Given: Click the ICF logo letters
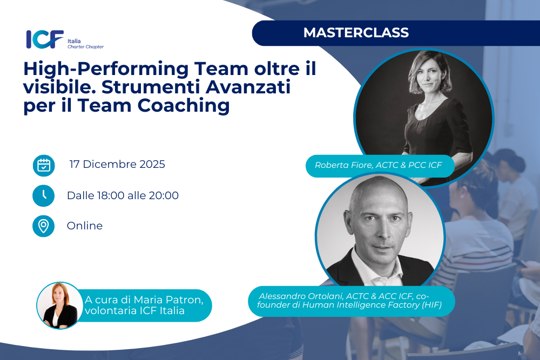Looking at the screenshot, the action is tap(45, 39).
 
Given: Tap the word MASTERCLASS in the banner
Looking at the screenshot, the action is tap(356, 33).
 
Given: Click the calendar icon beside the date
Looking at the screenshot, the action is tap(44, 166).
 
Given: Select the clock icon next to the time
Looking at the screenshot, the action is tap(44, 196).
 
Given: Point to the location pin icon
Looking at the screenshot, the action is tap(44, 226).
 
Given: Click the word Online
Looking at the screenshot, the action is tap(85, 226).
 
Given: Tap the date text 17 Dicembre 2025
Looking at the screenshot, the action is tap(117, 164).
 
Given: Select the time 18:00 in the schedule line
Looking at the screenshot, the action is tap(111, 195).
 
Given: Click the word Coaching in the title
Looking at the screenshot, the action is tap(184, 106).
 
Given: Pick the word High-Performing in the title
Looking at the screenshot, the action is tap(106, 69).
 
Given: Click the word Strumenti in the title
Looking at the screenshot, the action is tap(151, 87).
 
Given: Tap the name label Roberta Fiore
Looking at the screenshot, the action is tap(343, 165).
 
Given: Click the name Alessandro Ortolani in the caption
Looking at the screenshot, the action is tap(301, 296).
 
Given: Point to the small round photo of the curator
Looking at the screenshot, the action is tap(60, 305).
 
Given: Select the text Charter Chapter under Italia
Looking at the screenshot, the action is tap(85, 47).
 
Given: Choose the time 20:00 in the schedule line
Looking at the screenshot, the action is tap(164, 195).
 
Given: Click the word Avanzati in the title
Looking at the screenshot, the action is tap(248, 87).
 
